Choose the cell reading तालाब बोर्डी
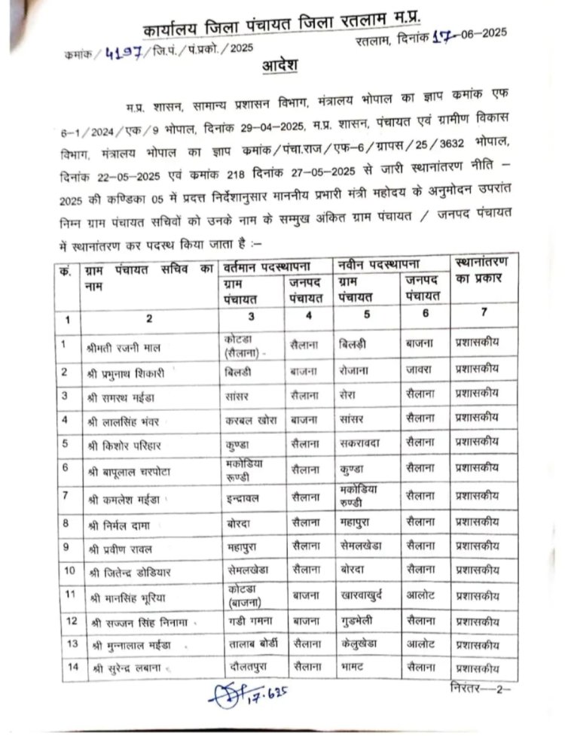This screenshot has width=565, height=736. [251, 645]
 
